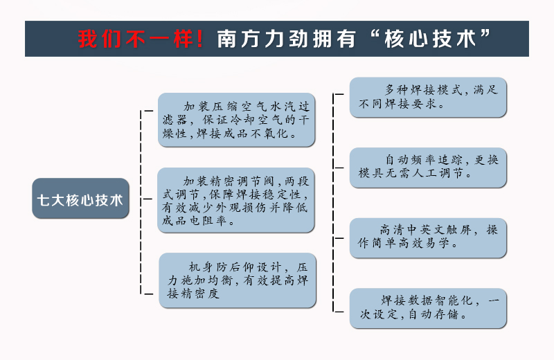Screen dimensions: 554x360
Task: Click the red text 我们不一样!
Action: tap(141, 39)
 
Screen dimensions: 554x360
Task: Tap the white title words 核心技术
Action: tap(430, 39)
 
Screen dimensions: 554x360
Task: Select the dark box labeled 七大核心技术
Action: tap(80, 198)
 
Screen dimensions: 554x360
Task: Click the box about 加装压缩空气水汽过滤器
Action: tap(236, 120)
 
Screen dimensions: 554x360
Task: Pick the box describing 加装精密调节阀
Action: tap(236, 200)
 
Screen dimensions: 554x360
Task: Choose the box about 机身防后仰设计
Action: tap(238, 280)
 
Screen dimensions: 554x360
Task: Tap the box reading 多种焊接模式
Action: tap(428, 97)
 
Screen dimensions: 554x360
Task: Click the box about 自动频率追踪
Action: tap(428, 168)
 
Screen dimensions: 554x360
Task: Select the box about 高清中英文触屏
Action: tap(428, 237)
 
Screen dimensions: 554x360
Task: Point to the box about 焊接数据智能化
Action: tap(428, 308)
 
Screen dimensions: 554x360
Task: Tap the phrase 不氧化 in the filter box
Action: tap(270, 134)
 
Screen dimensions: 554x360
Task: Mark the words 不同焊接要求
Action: tap(397, 104)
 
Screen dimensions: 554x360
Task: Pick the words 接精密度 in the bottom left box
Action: tap(193, 294)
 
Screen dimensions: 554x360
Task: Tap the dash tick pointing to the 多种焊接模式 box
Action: tap(339, 94)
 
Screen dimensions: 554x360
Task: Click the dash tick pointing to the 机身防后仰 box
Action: tap(147, 294)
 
